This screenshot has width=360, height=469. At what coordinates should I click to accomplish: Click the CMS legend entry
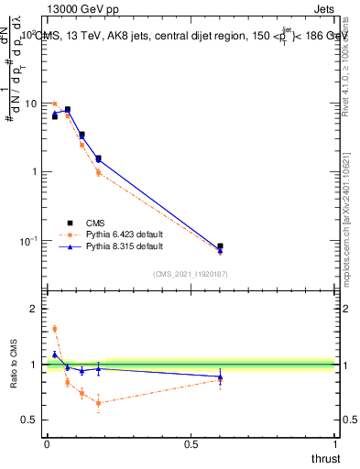pos(95,222)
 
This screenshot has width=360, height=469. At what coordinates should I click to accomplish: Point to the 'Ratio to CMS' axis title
pos(13,365)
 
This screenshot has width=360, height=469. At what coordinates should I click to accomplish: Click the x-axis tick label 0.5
pos(191,446)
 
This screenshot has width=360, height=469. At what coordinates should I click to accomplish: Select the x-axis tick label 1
pos(335,446)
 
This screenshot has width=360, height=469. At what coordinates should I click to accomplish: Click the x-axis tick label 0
pos(47,446)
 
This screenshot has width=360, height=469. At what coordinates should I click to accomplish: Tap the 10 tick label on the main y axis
pos(29,104)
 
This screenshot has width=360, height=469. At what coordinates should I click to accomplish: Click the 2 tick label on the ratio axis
pos(35,310)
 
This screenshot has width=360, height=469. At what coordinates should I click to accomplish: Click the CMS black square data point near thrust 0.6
pos(220,246)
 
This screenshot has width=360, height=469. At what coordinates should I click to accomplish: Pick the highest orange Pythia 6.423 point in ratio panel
pos(54,329)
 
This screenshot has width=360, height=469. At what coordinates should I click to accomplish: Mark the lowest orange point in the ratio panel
pos(98,403)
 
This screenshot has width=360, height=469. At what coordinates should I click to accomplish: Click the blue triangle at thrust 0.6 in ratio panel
pos(220,376)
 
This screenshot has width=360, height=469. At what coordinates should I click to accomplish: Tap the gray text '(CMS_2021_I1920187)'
pos(191,273)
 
